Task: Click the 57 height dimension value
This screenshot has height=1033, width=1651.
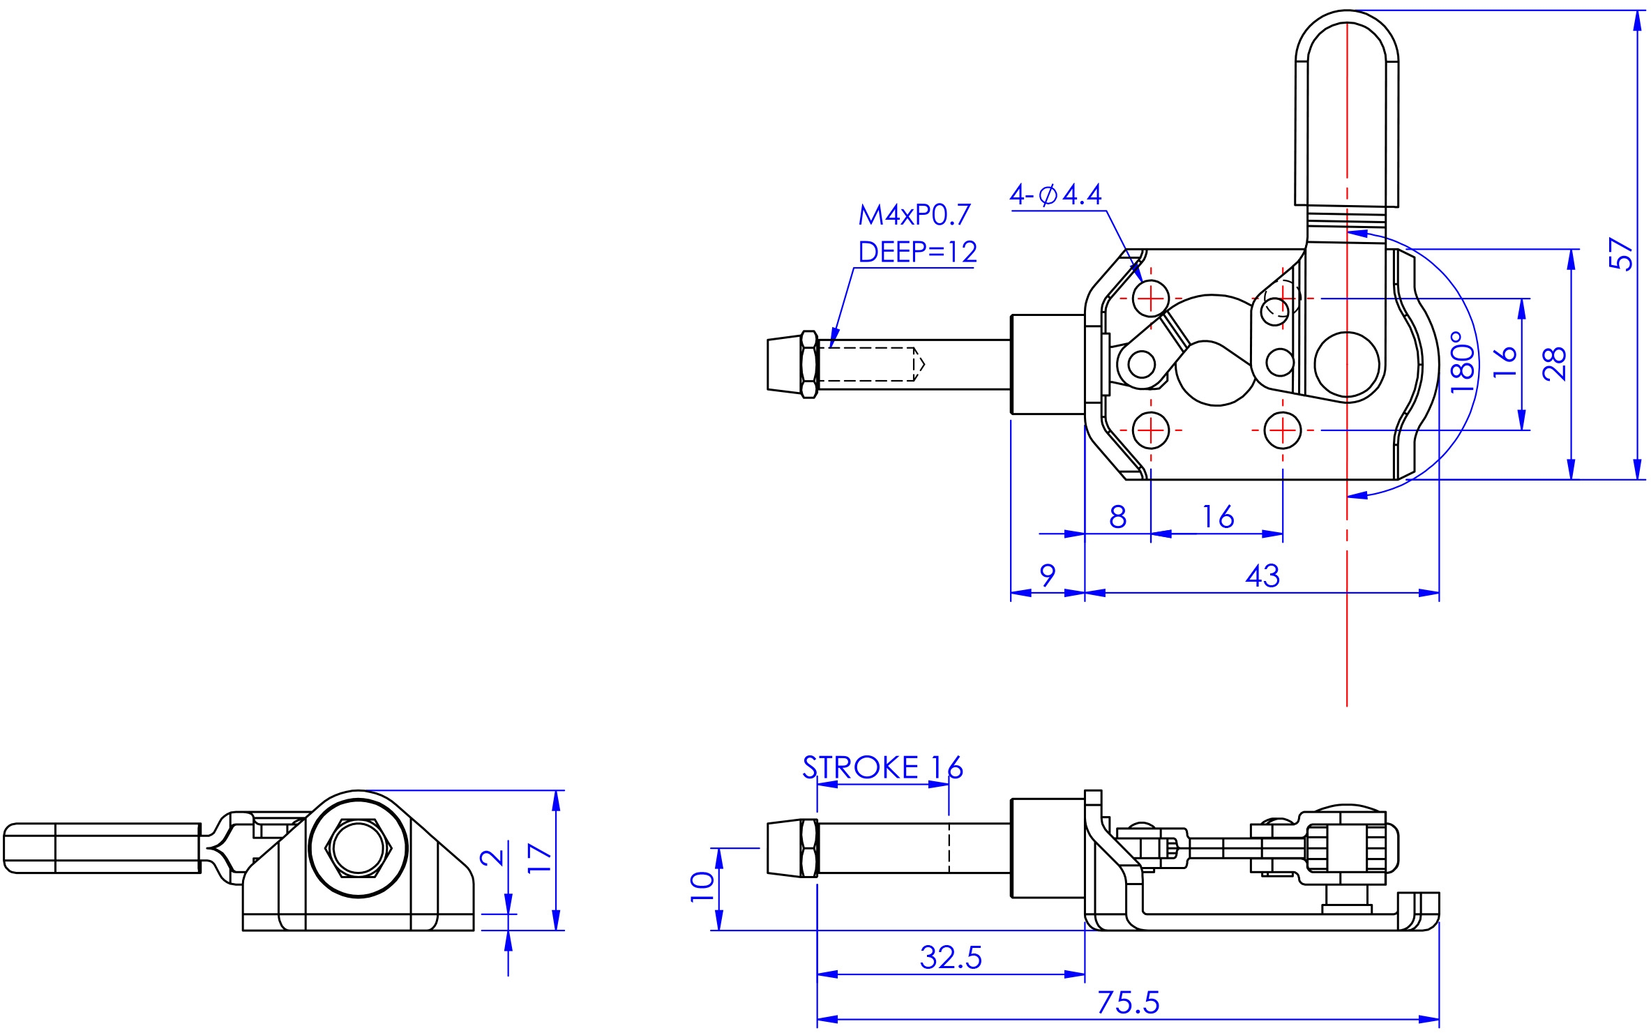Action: tap(1620, 254)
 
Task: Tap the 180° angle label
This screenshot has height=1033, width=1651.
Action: tap(1463, 362)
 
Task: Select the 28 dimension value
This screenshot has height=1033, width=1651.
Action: tap(1554, 363)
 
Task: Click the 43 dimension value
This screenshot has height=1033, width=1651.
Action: tap(1262, 576)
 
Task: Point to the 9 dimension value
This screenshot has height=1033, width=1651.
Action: tap(1048, 576)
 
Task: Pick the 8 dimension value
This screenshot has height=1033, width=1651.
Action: tap(1117, 517)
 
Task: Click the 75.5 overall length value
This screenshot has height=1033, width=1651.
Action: tap(1129, 1002)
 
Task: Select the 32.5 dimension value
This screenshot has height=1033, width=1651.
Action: tap(951, 958)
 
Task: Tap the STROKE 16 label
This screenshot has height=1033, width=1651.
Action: tap(882, 767)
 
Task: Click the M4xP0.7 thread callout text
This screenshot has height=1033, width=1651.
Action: tap(914, 216)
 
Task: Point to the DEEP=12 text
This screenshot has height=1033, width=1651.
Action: tap(917, 252)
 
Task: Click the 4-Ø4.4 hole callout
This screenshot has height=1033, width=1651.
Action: tap(1056, 195)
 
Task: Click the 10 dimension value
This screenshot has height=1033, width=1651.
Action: tap(702, 887)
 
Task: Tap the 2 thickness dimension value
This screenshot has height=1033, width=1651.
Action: tap(493, 857)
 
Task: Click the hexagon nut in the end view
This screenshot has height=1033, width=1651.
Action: tap(359, 848)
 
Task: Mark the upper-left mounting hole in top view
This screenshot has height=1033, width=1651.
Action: tap(1151, 299)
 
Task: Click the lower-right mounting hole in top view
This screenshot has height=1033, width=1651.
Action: tap(1283, 430)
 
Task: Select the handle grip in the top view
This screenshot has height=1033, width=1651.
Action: tap(1347, 109)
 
